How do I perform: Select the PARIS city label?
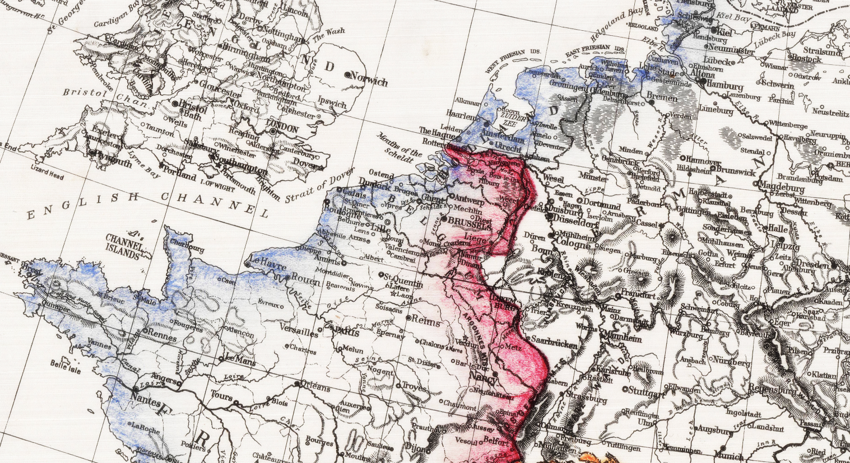point(347,331)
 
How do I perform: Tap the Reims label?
point(424,320)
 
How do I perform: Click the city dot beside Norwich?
point(347,74)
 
